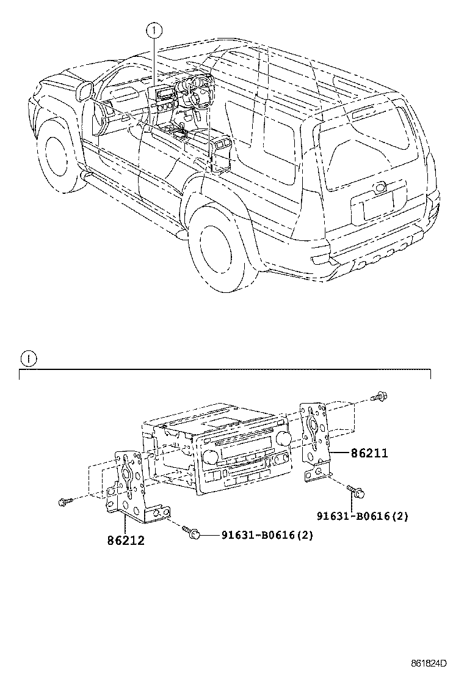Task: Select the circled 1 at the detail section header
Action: tap(28, 358)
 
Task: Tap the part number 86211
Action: tap(368, 454)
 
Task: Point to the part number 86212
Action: tap(126, 541)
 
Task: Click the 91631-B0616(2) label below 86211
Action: tap(362, 516)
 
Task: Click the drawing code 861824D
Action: tap(427, 663)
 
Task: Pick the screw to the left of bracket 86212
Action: tap(63, 501)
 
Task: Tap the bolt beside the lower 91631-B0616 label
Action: tap(192, 533)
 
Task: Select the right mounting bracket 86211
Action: tap(317, 437)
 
